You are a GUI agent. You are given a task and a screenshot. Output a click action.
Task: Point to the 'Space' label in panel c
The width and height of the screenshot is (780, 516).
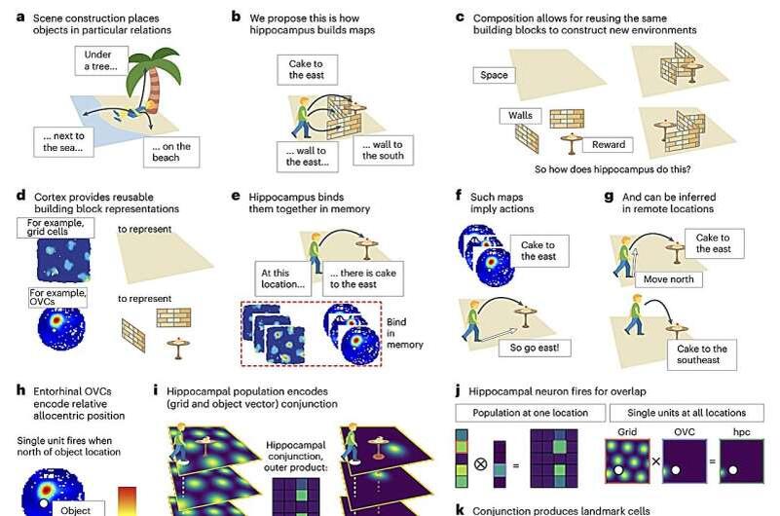tap(495, 76)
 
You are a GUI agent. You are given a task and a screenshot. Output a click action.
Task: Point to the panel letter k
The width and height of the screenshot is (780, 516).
tap(460, 509)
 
